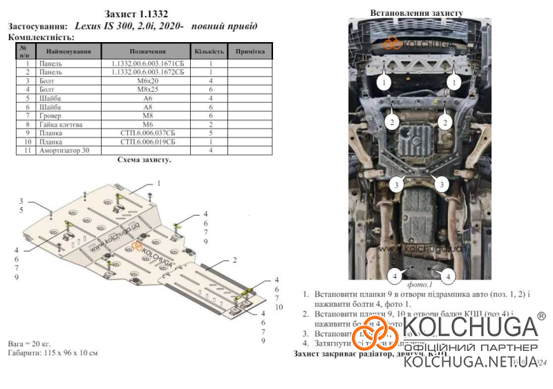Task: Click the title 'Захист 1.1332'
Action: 135,13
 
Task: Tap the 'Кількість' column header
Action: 209,51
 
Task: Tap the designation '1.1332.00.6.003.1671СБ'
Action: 147,64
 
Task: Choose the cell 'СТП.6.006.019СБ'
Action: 147,141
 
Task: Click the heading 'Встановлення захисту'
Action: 412,12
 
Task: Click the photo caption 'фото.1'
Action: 420,284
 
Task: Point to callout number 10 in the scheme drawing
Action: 279,307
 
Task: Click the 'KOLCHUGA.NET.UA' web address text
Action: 469,362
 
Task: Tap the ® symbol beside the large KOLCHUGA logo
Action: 541,316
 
